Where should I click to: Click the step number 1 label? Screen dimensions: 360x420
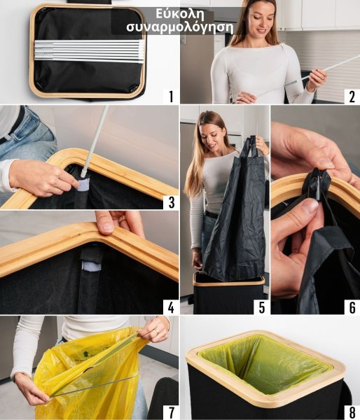coord(172,97)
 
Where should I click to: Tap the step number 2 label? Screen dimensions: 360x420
coord(352,97)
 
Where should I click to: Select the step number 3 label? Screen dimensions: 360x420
coord(172,202)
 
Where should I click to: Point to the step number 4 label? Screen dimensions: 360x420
coord(172,307)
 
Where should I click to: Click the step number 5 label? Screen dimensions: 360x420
coord(262,307)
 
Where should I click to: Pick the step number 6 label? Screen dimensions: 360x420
coord(352,307)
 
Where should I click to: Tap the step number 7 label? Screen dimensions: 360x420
coord(172,412)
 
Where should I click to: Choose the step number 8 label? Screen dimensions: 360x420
coord(352,412)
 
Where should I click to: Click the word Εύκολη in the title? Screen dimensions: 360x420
coord(180,14)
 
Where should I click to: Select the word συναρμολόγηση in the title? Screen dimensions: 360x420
coord(180,27)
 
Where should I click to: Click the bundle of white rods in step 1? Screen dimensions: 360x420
coord(89,51)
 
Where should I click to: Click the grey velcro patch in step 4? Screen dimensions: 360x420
coord(91,265)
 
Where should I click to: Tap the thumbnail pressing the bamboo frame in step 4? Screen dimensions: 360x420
coord(107,227)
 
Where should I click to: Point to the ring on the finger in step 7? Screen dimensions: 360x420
coord(158,332)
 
